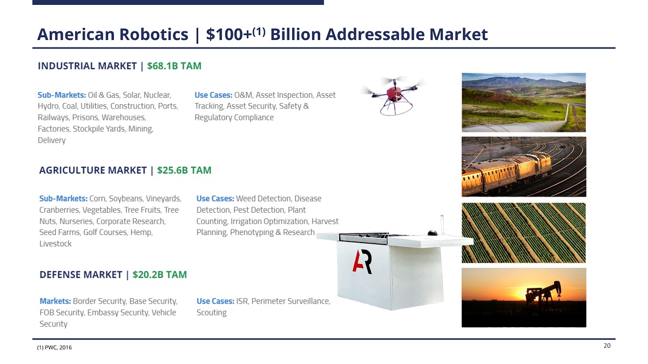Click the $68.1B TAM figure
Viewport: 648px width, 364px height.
click(x=174, y=66)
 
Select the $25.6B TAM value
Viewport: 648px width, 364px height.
click(x=184, y=170)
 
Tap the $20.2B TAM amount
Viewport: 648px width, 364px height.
click(x=160, y=274)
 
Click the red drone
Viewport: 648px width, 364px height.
click(x=394, y=95)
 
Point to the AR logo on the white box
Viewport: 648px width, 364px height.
click(x=362, y=262)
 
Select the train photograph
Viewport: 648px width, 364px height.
click(x=524, y=167)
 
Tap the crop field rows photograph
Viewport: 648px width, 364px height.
click(x=524, y=233)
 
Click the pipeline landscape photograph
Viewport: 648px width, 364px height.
click(x=524, y=103)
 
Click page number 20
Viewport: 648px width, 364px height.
click(x=607, y=346)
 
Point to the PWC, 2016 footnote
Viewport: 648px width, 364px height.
click(x=55, y=347)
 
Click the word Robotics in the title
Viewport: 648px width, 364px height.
click(x=153, y=35)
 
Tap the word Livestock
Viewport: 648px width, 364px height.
click(x=55, y=244)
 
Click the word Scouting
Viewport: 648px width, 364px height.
click(x=212, y=313)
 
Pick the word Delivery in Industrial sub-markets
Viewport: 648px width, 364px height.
click(x=51, y=140)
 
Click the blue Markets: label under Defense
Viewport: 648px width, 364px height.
click(x=55, y=301)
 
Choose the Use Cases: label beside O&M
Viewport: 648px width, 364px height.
click(x=213, y=95)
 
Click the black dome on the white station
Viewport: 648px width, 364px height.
click(x=433, y=233)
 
